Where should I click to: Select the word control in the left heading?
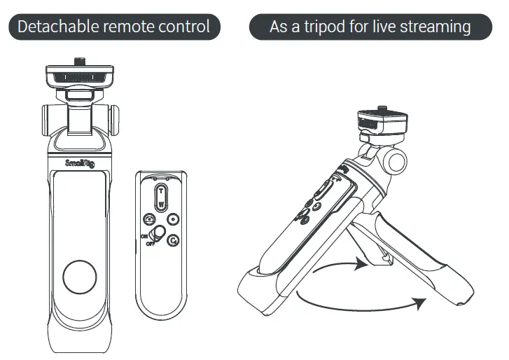pyautogui.click(x=184, y=27)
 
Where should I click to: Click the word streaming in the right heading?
pyautogui.click(x=437, y=27)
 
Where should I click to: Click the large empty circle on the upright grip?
pyautogui.click(x=80, y=278)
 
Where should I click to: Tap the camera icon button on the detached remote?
pyautogui.click(x=148, y=219)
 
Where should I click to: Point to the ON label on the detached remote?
pyautogui.click(x=144, y=236)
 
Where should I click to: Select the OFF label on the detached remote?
pyautogui.click(x=150, y=243)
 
